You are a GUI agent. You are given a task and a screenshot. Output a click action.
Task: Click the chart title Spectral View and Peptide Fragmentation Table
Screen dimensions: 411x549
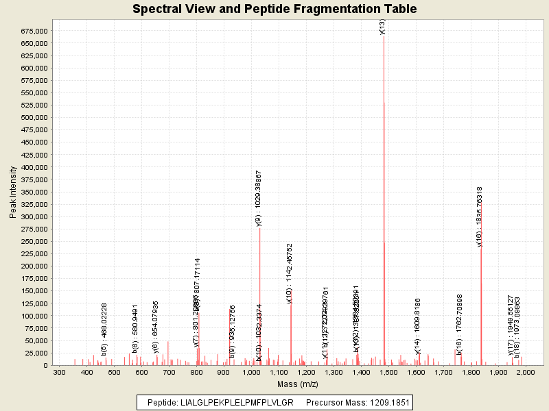[274, 10]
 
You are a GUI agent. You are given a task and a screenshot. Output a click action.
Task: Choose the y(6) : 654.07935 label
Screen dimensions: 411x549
[156, 325]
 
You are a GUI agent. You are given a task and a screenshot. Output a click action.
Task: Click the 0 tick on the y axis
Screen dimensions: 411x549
[45, 365]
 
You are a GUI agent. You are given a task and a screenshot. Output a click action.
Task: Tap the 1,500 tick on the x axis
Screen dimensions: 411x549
[388, 373]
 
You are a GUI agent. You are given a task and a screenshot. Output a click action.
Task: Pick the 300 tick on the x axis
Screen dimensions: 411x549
[59, 373]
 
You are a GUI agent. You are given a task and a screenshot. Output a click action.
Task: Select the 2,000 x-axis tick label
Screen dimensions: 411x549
[525, 373]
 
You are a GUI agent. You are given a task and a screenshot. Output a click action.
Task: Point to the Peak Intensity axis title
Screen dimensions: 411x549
[13, 196]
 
